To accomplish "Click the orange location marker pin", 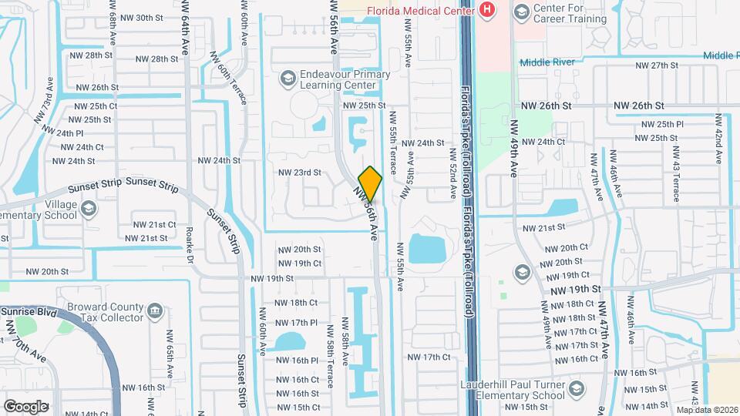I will pyautogui.click(x=371, y=183).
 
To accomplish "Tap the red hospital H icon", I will pyautogui.click(x=486, y=9).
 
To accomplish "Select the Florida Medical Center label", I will pyautogui.click(x=421, y=10).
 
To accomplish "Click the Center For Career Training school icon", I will pyautogui.click(x=521, y=11).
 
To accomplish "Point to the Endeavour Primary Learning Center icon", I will pyautogui.click(x=288, y=79).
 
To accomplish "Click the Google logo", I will pyautogui.click(x=25, y=406).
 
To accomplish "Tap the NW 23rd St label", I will pyautogui.click(x=299, y=173).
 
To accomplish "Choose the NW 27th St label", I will pyautogui.click(x=652, y=65).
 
